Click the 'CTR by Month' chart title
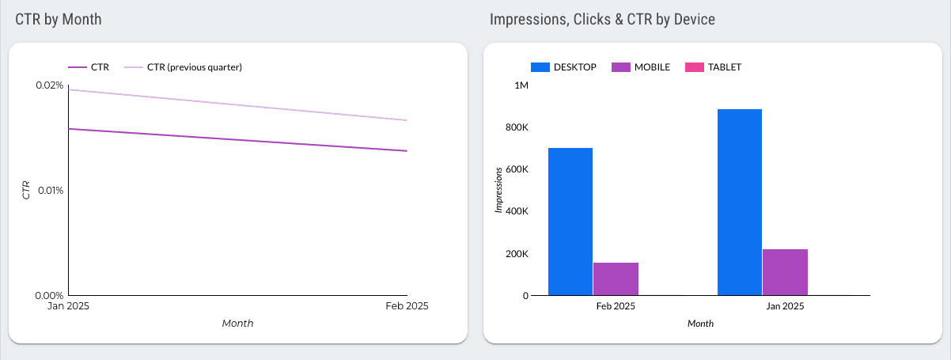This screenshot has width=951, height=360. (59, 19)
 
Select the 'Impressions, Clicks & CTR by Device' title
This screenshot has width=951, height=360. (602, 19)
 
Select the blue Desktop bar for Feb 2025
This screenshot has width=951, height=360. (570, 222)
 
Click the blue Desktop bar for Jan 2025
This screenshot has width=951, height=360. (740, 203)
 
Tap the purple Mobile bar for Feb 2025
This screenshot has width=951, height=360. (616, 279)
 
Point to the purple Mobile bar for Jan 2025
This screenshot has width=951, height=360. (785, 272)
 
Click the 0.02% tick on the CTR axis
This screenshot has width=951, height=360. (49, 85)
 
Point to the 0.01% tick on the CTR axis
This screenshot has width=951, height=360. (49, 191)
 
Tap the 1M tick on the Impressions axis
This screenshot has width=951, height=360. (521, 85)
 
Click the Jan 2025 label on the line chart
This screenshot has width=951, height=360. (68, 306)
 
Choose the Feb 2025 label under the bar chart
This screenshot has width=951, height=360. (615, 306)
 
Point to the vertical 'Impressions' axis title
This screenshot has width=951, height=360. (498, 190)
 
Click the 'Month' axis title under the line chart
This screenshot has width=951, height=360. (237, 323)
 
